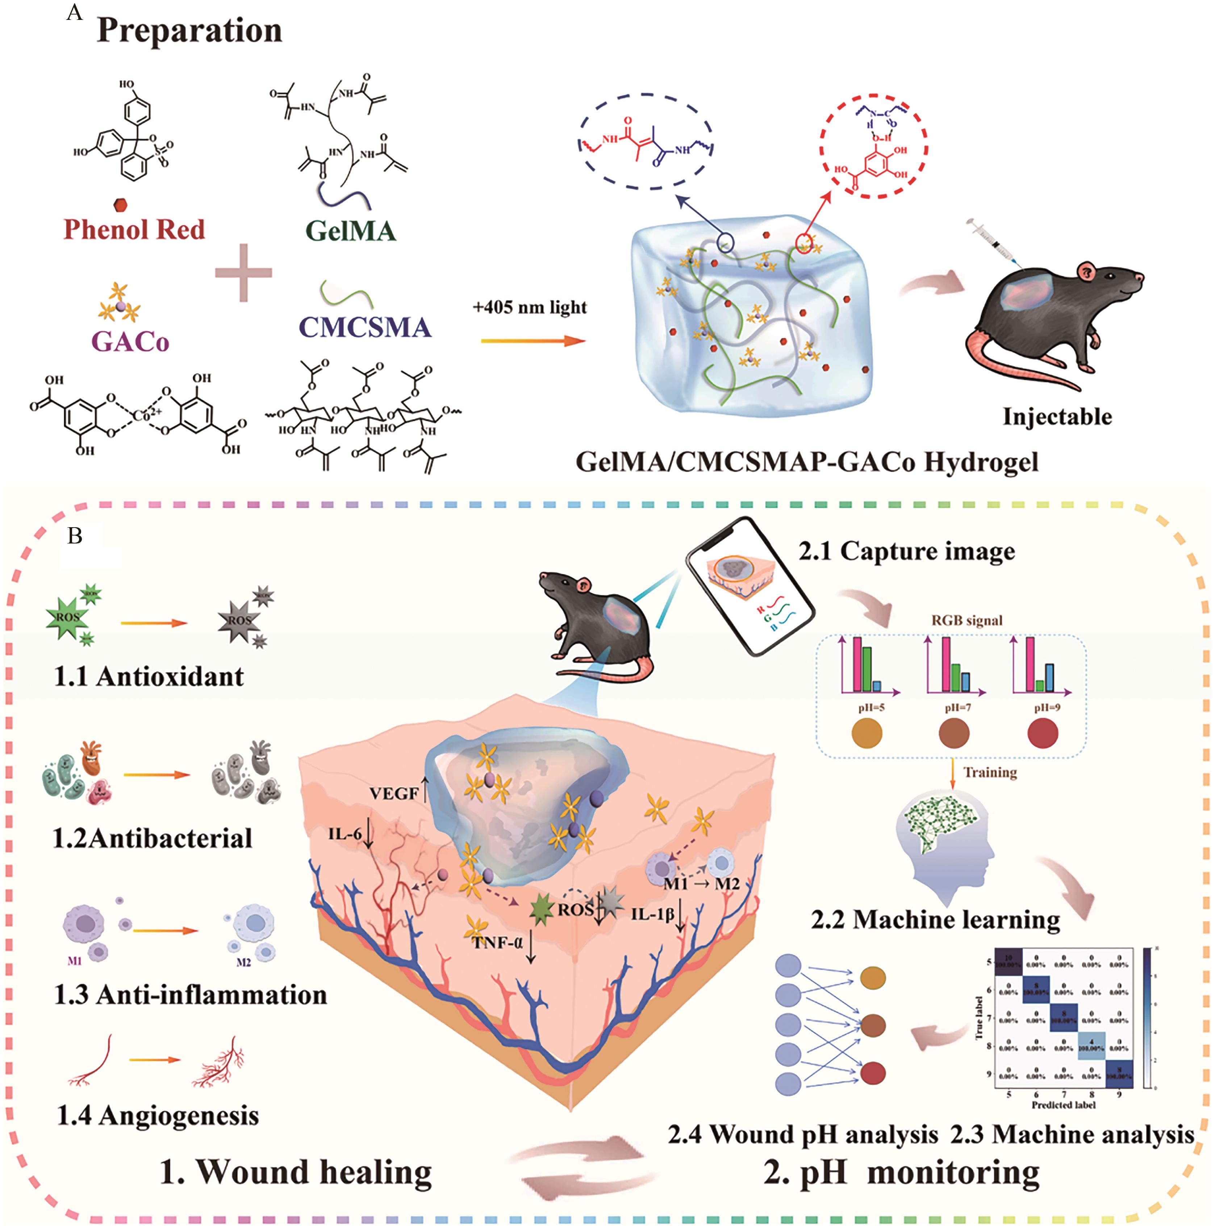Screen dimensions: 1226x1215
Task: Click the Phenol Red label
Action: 134,229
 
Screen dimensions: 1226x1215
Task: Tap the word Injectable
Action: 1057,416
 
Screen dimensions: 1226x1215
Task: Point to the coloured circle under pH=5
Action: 867,735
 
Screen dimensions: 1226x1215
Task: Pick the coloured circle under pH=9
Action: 1042,735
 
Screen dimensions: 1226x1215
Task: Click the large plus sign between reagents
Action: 243,273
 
